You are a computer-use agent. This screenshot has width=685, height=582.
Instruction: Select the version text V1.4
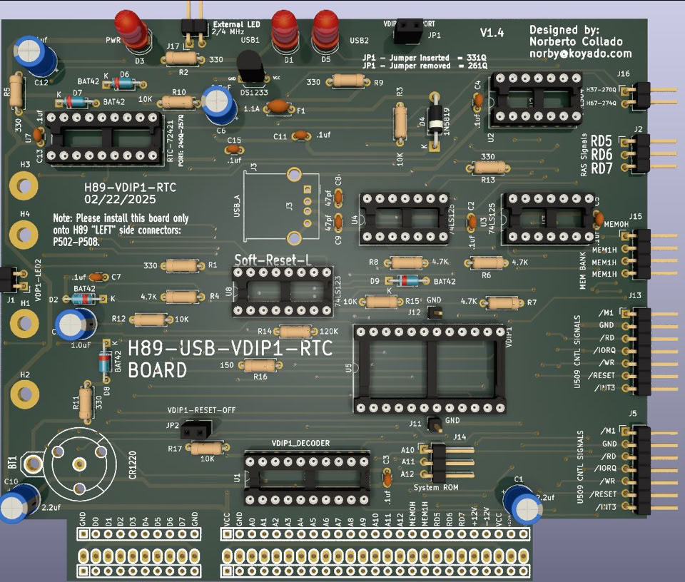point(492,33)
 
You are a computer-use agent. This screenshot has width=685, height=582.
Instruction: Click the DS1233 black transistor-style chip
point(249,68)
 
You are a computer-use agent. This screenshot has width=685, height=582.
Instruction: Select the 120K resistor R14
point(295,332)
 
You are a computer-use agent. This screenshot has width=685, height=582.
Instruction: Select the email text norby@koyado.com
point(581,53)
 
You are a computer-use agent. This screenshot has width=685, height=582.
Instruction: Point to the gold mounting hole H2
point(25,393)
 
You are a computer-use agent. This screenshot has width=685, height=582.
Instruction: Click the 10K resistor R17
point(207,448)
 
